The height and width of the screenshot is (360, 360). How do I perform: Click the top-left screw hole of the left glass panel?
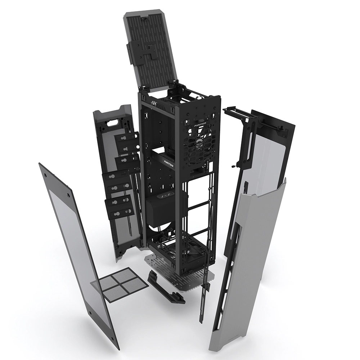coord(46,174)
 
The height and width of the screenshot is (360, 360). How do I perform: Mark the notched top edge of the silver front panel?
coord(266,191)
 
